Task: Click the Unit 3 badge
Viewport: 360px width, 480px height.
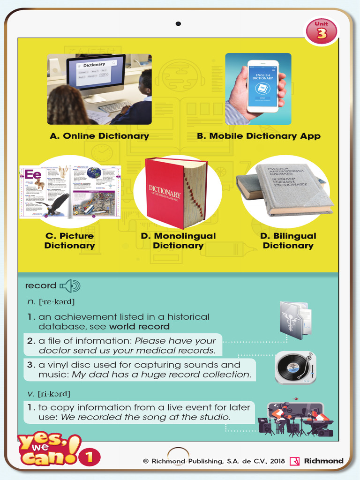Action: pyautogui.click(x=322, y=31)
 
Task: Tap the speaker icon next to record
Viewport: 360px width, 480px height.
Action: pyautogui.click(x=70, y=285)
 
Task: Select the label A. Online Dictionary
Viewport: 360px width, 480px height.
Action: pyautogui.click(x=99, y=136)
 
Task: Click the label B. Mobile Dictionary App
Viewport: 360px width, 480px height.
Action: pyautogui.click(x=258, y=136)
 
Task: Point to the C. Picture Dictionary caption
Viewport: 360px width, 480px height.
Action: pyautogui.click(x=69, y=241)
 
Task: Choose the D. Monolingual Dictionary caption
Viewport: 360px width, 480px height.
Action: pyautogui.click(x=178, y=241)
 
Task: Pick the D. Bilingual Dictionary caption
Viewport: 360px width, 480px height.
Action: pyautogui.click(x=288, y=241)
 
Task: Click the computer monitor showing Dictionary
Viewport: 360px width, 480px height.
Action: pyautogui.click(x=96, y=75)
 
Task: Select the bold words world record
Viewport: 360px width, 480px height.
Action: pyautogui.click(x=139, y=327)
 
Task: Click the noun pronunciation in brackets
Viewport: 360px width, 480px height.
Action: pyautogui.click(x=56, y=302)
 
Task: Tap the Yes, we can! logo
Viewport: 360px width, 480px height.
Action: pyautogui.click(x=47, y=450)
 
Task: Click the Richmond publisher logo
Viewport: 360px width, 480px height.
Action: pyautogui.click(x=317, y=461)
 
